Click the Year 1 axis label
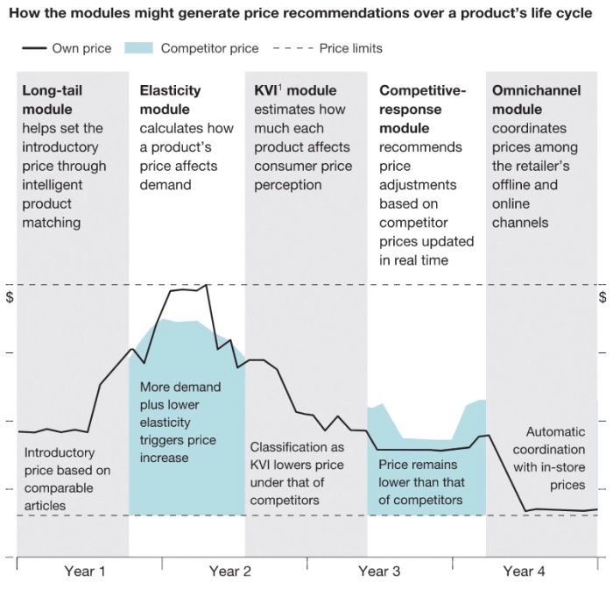[85, 572]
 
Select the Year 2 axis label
[230, 572]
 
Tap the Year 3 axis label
[379, 572]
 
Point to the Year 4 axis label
[524, 572]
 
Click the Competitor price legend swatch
[140, 48]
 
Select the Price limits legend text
[350, 48]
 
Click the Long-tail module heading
[52, 99]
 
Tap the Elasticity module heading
[170, 99]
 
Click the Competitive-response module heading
[423, 109]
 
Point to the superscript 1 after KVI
[279, 88]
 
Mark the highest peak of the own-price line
[207, 285]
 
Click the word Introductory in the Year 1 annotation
[60, 452]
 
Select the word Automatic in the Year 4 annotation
[555, 431]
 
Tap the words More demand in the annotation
[180, 387]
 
